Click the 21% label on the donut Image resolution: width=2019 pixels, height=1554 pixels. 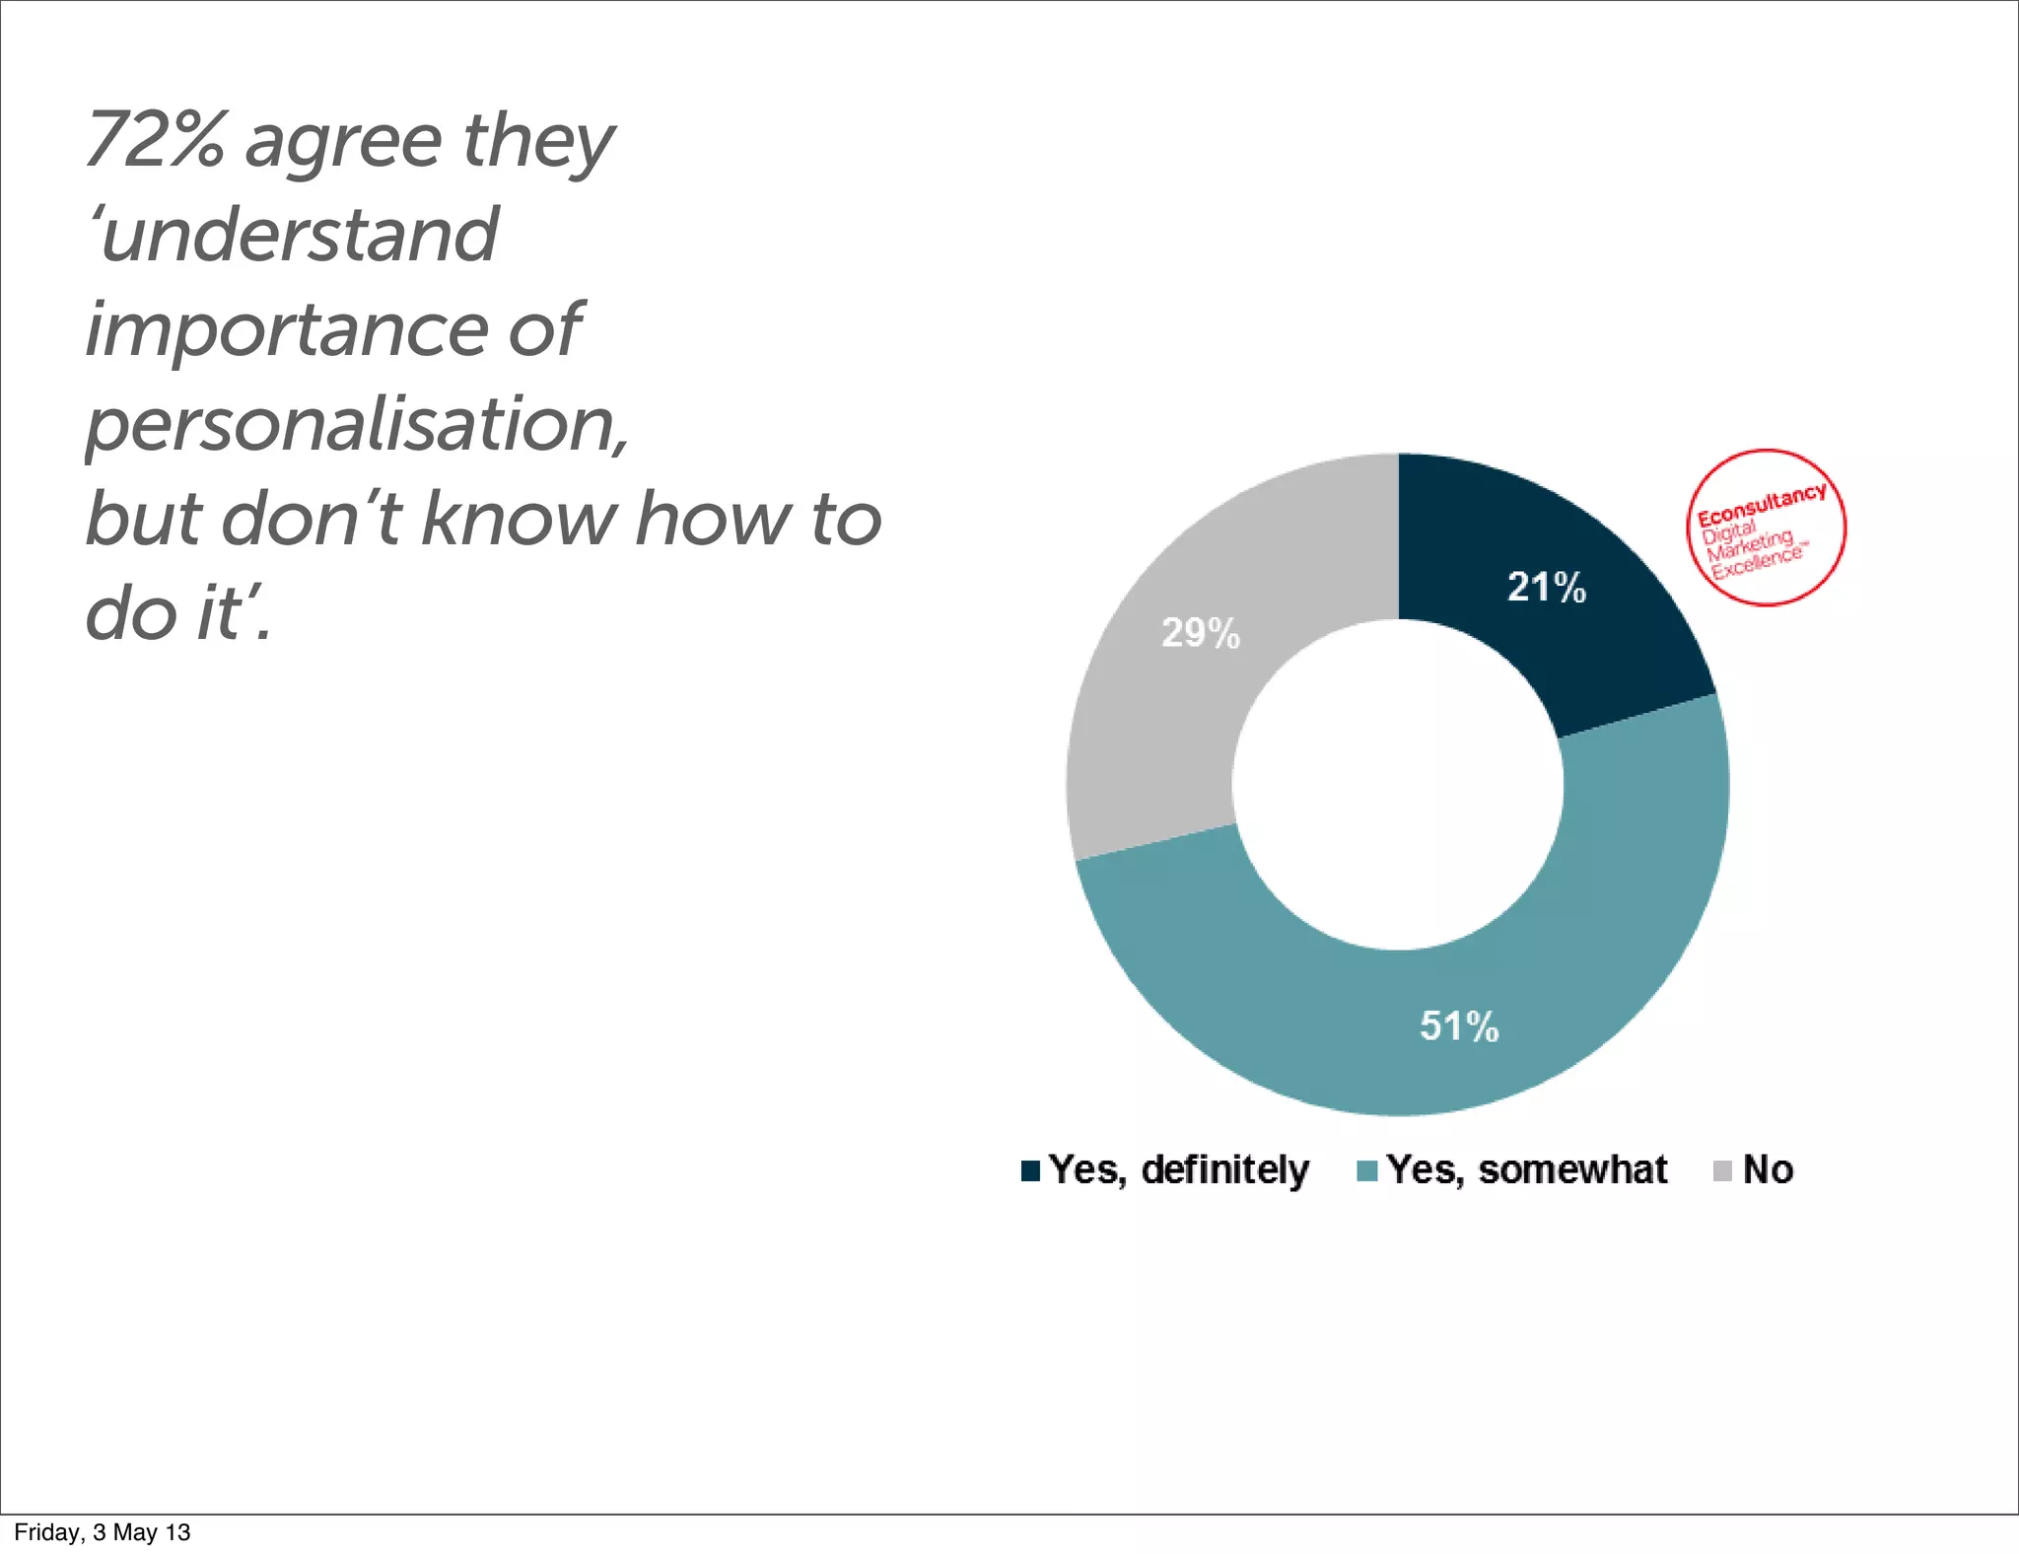[1546, 588]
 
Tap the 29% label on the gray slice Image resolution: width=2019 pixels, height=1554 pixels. [1200, 633]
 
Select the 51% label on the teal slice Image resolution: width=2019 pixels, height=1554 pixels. [1458, 1026]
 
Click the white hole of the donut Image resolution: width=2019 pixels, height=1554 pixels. [1398, 785]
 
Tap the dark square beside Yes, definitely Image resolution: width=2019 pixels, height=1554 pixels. [1031, 1170]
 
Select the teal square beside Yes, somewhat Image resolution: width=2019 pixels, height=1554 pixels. [1367, 1170]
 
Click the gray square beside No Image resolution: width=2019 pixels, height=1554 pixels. [1722, 1170]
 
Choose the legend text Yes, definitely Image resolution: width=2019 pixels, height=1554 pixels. [1178, 1170]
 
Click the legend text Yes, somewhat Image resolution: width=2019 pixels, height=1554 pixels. [1526, 1170]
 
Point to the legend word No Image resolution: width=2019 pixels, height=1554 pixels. [1768, 1170]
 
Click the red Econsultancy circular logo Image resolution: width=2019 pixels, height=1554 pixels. [1765, 528]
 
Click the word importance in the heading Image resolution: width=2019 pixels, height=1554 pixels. [286, 329]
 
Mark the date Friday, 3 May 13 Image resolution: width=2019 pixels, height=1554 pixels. [102, 1532]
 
